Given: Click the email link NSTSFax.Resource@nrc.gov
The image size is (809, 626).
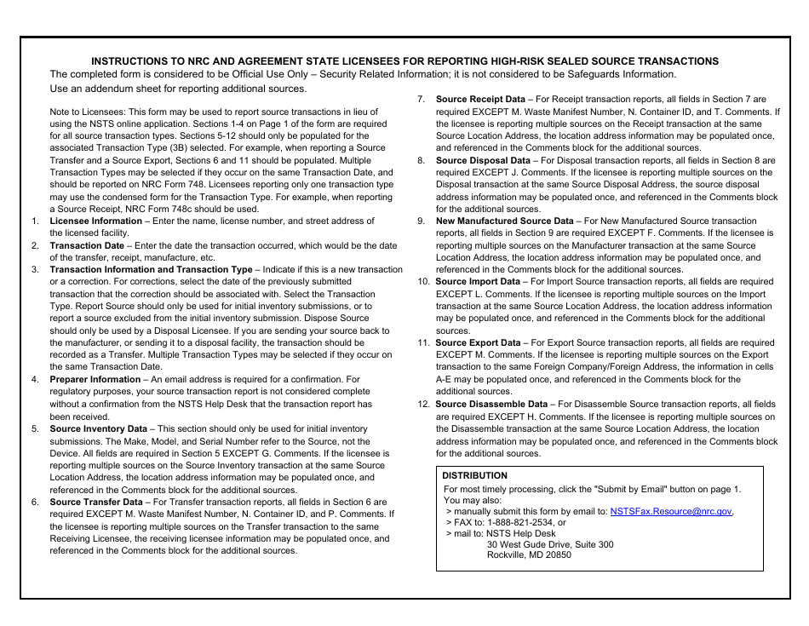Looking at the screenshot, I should tap(670, 512).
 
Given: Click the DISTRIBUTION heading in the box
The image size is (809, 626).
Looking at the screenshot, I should tap(474, 476).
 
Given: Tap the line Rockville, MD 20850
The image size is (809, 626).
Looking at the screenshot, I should tap(529, 554).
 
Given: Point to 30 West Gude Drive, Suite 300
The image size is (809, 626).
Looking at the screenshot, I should tap(549, 544).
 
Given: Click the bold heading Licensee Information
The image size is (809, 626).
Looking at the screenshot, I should tap(95, 221).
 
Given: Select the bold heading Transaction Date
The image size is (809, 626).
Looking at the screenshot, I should tap(86, 245).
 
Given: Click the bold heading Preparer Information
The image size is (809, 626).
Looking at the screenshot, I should tap(95, 380).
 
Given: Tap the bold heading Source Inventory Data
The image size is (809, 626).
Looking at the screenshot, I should tap(98, 429).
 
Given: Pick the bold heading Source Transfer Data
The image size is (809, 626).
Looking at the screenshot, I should tap(96, 503).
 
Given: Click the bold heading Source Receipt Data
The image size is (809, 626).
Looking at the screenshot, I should tap(480, 100).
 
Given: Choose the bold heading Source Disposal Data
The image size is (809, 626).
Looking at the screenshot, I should tap(483, 160).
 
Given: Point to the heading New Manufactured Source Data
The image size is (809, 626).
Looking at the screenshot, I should tap(504, 221).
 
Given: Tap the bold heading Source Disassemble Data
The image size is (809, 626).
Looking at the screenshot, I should tap(491, 405).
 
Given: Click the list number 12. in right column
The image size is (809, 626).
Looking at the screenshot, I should tap(423, 405).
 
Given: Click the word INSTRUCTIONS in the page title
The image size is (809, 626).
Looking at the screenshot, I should tap(129, 61).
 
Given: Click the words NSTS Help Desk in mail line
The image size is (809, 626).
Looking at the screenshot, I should tap(520, 534).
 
